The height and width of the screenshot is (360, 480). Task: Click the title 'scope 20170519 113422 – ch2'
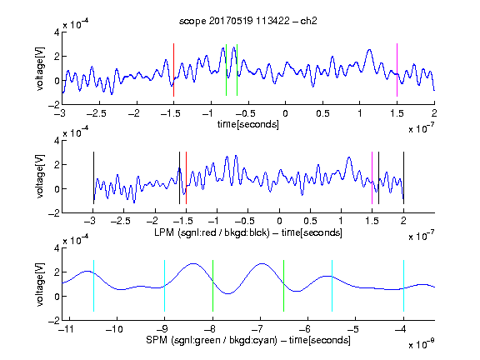coord(248,21)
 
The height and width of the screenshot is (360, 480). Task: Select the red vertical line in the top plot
coord(173,70)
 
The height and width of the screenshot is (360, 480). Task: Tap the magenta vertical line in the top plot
coord(397,70)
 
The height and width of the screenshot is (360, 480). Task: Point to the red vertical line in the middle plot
coord(186,177)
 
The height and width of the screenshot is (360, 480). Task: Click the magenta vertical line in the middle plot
coord(372,177)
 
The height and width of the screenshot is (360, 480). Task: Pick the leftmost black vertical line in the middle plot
coord(93,177)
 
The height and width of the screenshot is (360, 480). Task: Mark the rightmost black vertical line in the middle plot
coord(403,177)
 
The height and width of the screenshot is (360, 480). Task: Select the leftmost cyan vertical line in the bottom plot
coord(93,286)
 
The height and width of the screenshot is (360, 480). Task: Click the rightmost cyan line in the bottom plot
coord(403,286)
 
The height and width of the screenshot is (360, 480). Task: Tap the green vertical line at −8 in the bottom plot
coord(212,286)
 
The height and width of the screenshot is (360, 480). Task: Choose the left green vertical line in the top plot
coord(226,70)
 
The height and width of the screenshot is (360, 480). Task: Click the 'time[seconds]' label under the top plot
coord(248,124)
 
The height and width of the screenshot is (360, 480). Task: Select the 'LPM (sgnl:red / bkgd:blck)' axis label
coord(212,232)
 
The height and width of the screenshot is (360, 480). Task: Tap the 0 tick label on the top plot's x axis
coord(285,113)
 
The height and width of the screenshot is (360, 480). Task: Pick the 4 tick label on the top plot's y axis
coord(57,32)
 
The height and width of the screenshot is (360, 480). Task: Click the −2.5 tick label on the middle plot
coord(120,221)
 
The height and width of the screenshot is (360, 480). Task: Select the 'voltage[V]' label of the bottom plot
coord(40,284)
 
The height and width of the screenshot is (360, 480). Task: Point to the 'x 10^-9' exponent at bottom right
coord(421,345)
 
